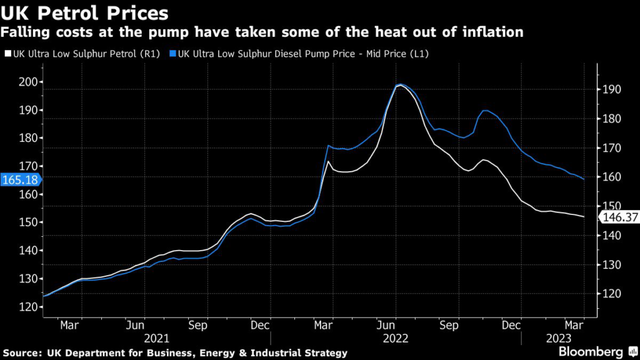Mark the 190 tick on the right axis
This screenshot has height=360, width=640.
point(611,89)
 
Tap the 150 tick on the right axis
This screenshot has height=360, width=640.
point(611,206)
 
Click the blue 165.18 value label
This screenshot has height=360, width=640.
point(19,180)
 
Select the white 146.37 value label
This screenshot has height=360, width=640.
point(619,217)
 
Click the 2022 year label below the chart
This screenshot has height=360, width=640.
point(396,338)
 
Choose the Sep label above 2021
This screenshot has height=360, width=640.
point(198,325)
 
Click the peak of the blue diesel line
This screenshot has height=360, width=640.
point(400,84)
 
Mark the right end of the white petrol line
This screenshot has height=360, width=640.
point(584,217)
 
